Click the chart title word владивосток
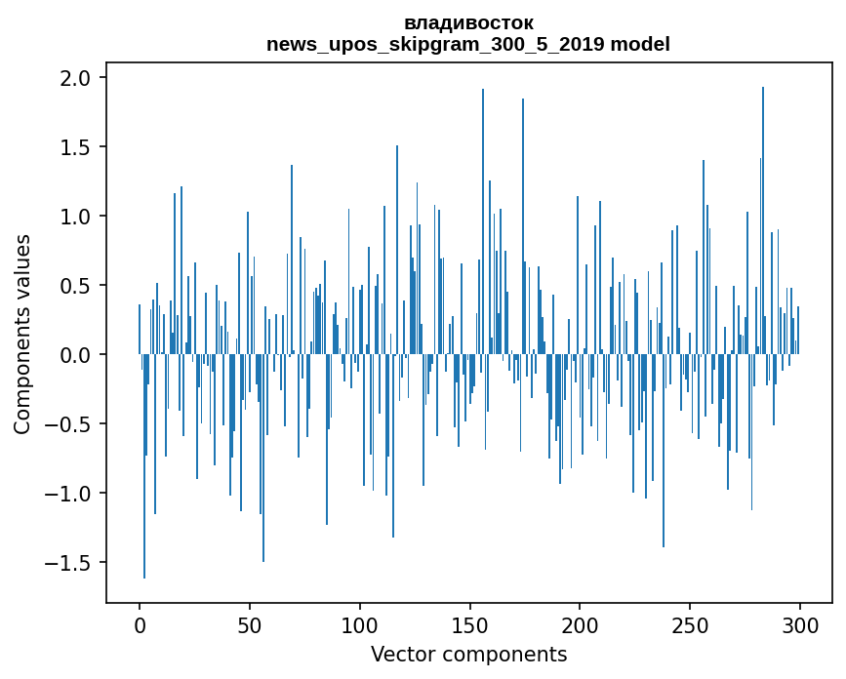click(468, 22)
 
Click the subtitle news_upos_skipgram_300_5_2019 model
click(468, 44)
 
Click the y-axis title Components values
click(22, 334)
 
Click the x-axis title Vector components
click(468, 654)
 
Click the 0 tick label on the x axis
click(140, 624)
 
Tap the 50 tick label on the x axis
click(250, 624)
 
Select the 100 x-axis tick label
click(360, 624)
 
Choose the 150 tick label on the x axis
click(469, 624)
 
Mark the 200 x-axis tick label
click(580, 624)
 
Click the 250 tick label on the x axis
click(690, 624)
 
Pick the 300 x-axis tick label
click(800, 624)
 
